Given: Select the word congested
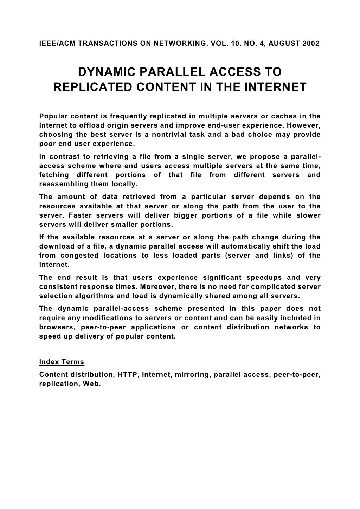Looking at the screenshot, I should (x=79, y=256).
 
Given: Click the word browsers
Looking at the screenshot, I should (x=56, y=327).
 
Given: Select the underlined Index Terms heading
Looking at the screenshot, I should (x=62, y=362).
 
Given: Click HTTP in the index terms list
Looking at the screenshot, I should (x=128, y=374).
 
